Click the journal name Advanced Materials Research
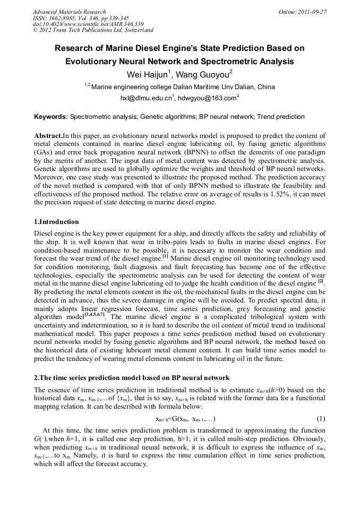point(69,12)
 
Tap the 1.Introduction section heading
point(56,221)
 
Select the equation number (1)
point(321,418)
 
